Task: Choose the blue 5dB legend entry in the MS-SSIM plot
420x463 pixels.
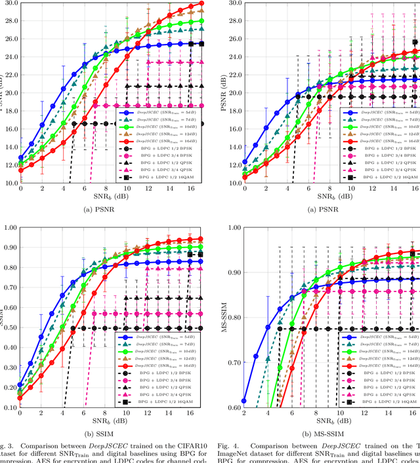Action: click(377, 336)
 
